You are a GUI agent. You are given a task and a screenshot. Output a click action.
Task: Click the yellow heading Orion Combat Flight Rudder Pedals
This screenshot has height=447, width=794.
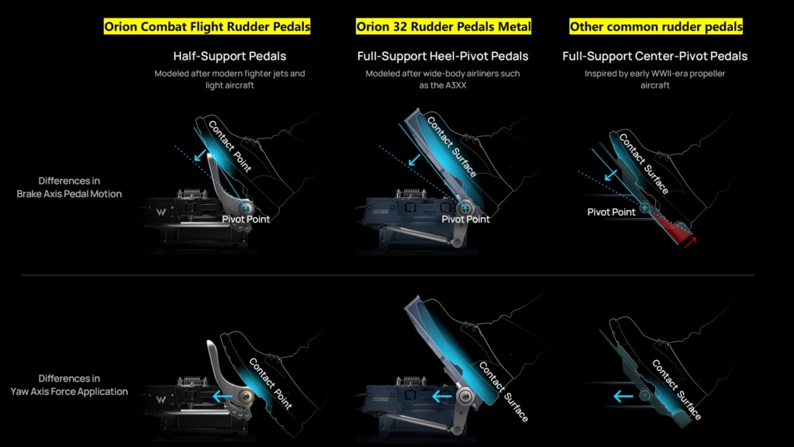coord(207,26)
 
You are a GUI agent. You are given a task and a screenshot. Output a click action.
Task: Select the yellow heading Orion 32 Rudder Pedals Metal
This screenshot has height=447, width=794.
coord(444,26)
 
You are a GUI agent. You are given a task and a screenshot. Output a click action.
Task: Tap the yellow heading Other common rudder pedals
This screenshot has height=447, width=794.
coord(656,26)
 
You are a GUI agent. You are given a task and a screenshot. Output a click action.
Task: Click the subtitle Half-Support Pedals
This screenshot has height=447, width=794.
coord(230,56)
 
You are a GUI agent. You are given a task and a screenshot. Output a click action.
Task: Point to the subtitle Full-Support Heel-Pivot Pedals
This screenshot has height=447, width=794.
coord(443,56)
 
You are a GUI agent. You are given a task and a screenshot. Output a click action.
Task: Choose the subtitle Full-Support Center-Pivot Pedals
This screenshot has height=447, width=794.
coord(654,56)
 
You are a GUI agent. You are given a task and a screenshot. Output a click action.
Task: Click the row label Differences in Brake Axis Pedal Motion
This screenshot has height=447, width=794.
coord(69,188)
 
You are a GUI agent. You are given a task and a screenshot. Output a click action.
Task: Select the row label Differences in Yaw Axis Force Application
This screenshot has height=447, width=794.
coord(69,385)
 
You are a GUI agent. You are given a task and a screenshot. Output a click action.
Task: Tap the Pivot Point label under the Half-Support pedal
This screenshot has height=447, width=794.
coord(246,220)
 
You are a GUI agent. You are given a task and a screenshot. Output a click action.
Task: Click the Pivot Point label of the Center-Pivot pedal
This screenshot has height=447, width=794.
coord(611,213)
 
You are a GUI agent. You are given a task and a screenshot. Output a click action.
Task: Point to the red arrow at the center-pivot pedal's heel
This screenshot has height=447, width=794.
coord(690,242)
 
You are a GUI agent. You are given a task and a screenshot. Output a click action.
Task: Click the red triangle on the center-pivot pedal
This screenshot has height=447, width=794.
coord(669,225)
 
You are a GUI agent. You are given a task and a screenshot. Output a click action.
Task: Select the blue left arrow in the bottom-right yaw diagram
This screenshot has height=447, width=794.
coord(623,397)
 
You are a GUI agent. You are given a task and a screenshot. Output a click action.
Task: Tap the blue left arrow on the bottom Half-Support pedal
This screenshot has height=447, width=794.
coord(223,397)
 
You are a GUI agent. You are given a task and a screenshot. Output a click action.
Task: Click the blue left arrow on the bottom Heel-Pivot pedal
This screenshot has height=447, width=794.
coord(442,397)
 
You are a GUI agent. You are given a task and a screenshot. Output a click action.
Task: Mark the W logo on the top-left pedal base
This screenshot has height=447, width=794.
coord(161,213)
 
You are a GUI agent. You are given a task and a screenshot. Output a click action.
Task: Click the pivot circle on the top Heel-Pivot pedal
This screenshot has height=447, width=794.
coord(465,208)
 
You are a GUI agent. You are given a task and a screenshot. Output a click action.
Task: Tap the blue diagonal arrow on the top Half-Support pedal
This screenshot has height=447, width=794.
coord(201,154)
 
